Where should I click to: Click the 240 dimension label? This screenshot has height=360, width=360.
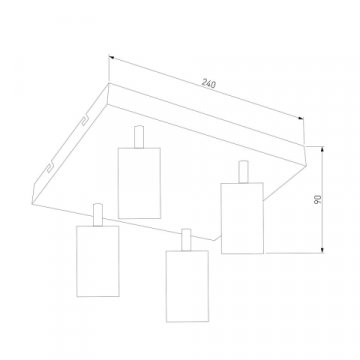tap(209, 83)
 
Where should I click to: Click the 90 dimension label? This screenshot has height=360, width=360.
tap(318, 199)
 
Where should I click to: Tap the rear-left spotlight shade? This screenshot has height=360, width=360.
tap(139, 183)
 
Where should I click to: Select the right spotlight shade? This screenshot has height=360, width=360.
tap(242, 218)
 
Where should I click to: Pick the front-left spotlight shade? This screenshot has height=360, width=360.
tap(98, 261)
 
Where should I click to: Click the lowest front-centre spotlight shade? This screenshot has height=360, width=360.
tap(187, 286)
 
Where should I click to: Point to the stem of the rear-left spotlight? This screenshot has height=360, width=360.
tap(139, 137)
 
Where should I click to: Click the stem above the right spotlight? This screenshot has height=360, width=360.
tap(243, 172)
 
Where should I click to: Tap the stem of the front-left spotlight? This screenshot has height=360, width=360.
tap(98, 215)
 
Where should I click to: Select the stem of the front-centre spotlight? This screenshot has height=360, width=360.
tap(186, 240)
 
